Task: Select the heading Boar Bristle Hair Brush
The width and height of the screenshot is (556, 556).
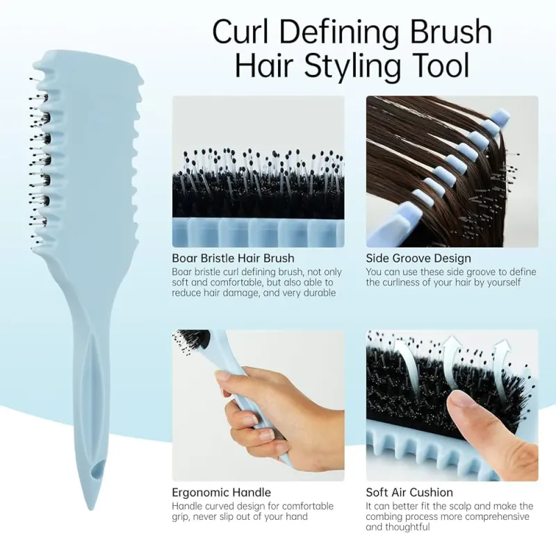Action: pyautogui.click(x=233, y=259)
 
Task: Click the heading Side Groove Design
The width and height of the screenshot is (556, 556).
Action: pyautogui.click(x=418, y=259)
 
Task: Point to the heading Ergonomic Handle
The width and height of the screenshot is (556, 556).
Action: pyautogui.click(x=221, y=493)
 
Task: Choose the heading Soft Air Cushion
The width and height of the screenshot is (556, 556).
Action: pyautogui.click(x=409, y=493)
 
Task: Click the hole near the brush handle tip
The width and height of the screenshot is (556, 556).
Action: pyautogui.click(x=93, y=472)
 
